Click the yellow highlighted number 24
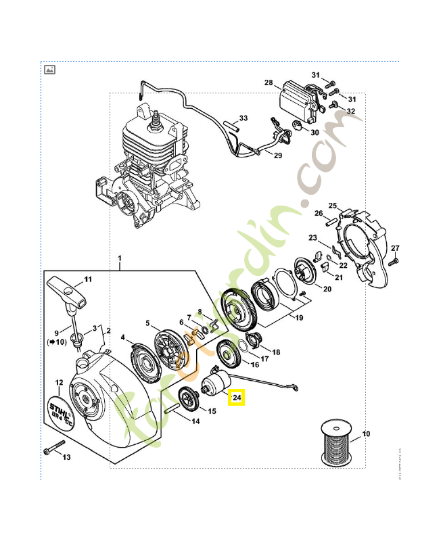tap(237, 398)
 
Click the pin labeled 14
tap(171, 408)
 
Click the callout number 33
tap(243, 118)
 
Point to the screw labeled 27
tap(396, 259)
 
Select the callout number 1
tap(120, 259)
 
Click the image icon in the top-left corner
tap(49, 70)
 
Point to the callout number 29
tap(277, 155)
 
